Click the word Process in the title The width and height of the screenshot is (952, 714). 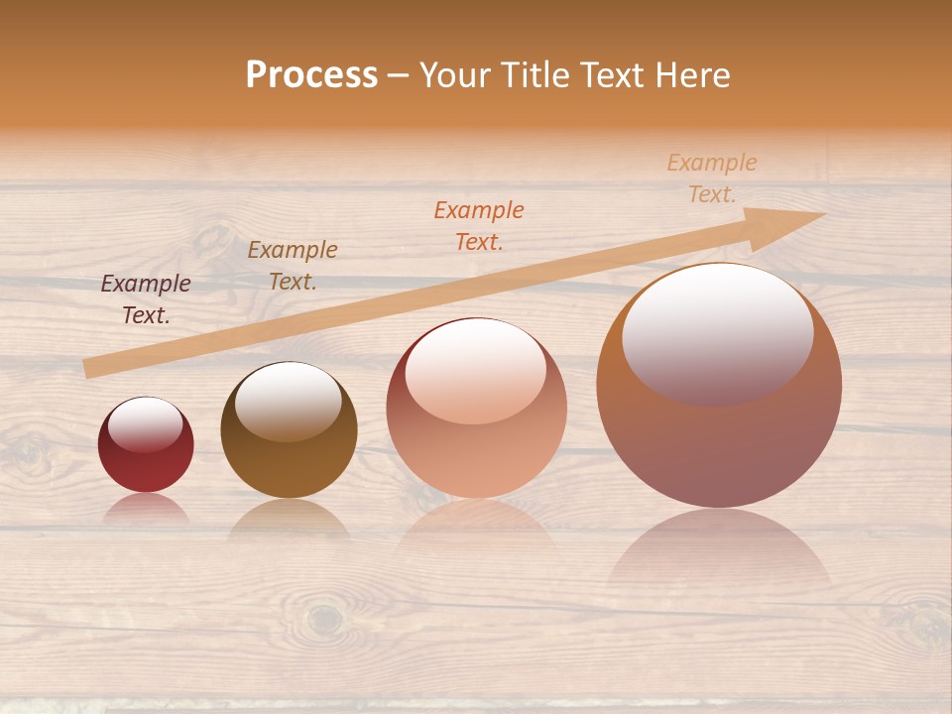pos(311,75)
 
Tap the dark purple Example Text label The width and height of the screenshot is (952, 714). pos(146,299)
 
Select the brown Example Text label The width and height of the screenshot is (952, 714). pos(293,266)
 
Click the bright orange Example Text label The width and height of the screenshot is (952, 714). pos(479,225)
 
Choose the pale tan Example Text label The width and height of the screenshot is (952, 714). pos(712,178)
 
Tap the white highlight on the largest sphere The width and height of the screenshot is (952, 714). pos(717,332)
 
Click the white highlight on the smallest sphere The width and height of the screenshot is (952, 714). pos(146,424)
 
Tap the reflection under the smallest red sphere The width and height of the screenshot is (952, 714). pos(146,508)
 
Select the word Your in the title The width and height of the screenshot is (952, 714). pos(453,75)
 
